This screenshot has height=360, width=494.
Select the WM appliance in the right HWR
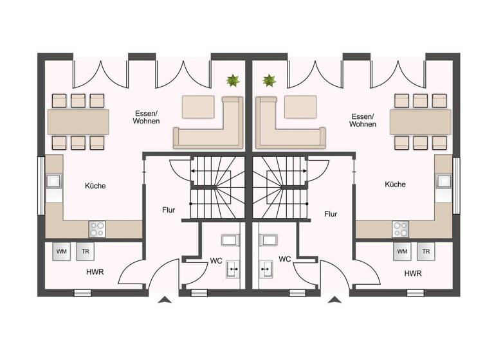402,251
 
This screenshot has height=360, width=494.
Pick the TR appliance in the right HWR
426,251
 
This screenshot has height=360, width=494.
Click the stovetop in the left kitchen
97,229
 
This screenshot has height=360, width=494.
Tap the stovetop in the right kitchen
400,229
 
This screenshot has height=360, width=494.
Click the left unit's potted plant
232,81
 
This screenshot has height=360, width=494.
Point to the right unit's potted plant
269,81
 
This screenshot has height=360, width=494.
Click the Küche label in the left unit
95,186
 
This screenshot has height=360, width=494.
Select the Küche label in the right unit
395,184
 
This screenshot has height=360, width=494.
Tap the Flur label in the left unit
169,210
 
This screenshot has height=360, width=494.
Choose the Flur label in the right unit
331,214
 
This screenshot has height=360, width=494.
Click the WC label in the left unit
216,260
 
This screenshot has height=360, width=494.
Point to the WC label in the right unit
285,259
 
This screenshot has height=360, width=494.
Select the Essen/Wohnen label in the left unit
146,116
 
